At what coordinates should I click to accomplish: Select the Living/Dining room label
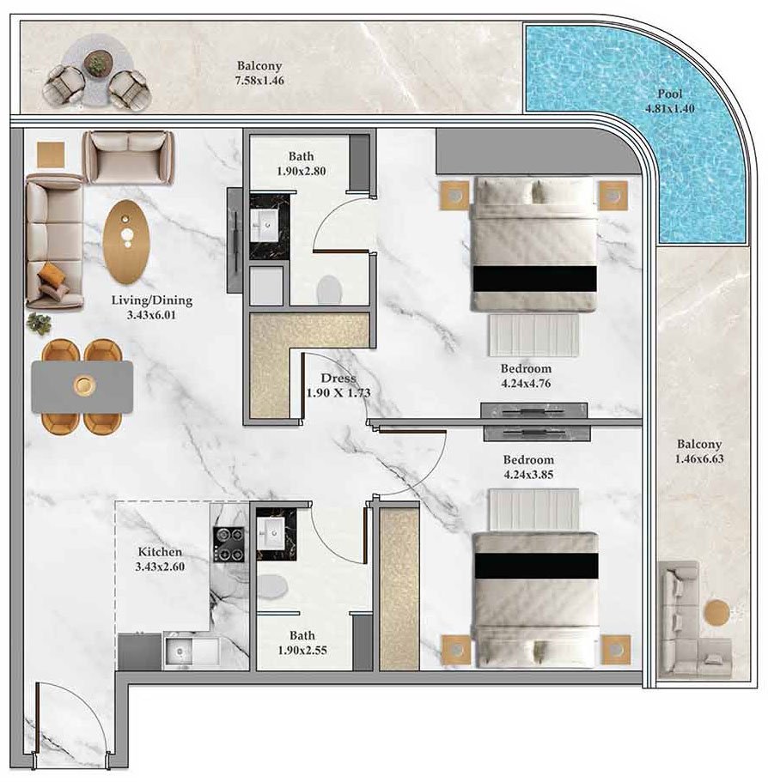(x=152, y=300)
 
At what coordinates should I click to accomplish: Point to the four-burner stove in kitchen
(x=229, y=544)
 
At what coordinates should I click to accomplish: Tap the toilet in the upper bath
(x=329, y=289)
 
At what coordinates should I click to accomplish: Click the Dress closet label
(x=338, y=378)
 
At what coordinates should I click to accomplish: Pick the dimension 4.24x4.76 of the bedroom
(x=526, y=384)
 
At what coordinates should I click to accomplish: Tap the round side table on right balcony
(x=716, y=612)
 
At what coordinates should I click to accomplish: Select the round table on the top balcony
(x=96, y=62)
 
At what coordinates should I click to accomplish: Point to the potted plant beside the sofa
(x=39, y=324)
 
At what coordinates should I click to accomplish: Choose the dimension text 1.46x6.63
(x=698, y=459)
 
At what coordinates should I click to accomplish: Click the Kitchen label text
(x=160, y=552)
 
